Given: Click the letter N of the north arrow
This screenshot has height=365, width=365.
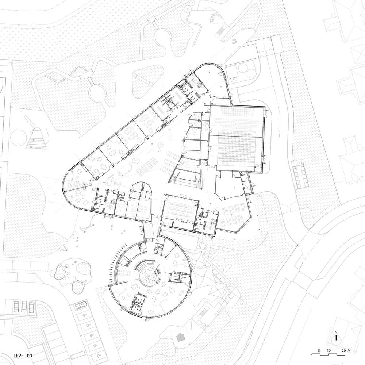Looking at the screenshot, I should coord(336,332).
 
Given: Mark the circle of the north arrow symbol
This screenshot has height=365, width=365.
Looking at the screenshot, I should coord(336,338).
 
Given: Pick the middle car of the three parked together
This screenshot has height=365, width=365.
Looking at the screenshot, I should coord(24,307).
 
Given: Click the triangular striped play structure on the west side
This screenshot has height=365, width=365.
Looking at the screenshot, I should coord(36,138).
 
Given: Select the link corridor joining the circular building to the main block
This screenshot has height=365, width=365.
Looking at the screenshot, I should coord(149,230).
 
